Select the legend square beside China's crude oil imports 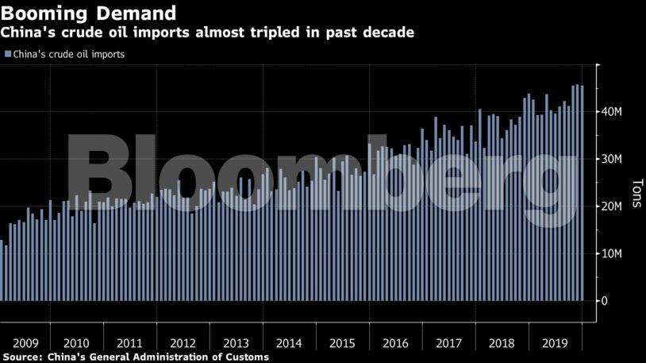(x=7, y=55)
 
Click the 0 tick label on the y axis (x=605, y=301)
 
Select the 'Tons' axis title (x=636, y=193)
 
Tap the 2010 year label (x=76, y=343)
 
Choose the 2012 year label (x=183, y=343)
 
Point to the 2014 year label (x=289, y=343)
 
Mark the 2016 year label (x=395, y=343)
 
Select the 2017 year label (x=448, y=343)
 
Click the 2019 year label (x=555, y=343)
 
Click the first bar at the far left (x=2, y=270)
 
